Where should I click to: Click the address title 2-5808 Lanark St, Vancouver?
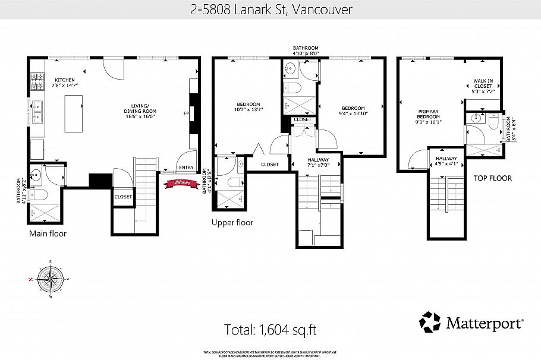(271, 10)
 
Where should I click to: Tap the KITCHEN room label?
(64, 83)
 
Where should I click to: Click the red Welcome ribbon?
(181, 183)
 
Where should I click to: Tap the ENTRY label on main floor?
(185, 168)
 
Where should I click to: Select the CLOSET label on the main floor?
(123, 197)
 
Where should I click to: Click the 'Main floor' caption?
(48, 234)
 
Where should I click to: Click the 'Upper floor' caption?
(232, 223)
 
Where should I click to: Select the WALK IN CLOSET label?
(482, 86)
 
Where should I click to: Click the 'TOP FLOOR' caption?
(492, 178)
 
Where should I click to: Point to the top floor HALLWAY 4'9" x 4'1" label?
(446, 162)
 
